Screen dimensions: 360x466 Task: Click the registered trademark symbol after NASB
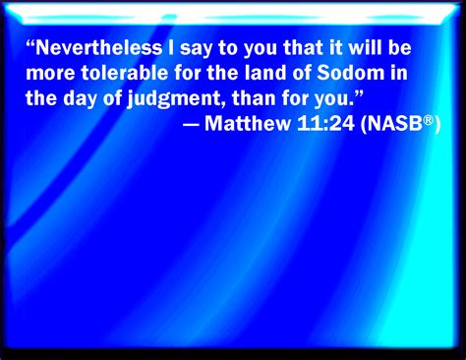[x=425, y=123]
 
